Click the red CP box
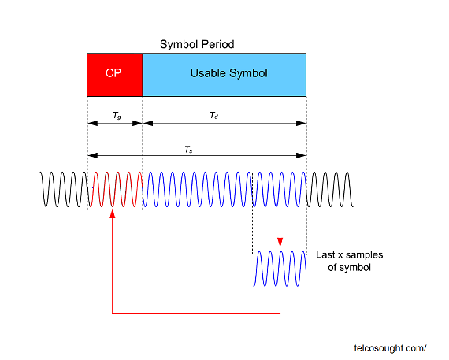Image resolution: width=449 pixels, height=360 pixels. coord(114,73)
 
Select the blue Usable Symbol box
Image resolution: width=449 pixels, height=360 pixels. coord(224,73)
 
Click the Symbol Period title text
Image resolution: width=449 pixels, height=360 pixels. coord(196,44)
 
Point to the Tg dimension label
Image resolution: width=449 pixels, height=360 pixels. coord(116,116)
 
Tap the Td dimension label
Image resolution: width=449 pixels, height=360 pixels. coord(213,116)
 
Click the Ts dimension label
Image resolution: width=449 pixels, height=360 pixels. coord(187,148)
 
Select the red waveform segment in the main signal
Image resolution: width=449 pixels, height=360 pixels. coord(115,190)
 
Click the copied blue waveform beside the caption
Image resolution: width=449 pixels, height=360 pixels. coord(280,269)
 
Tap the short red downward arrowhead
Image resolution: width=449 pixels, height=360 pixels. coord(280,242)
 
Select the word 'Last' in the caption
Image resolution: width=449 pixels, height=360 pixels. coord(326,255)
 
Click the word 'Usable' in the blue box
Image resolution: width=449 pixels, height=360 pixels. coord(206,73)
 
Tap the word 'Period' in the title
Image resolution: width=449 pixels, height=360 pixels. coord(218,44)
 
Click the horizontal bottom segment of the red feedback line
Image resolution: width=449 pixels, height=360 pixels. coord(196,313)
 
